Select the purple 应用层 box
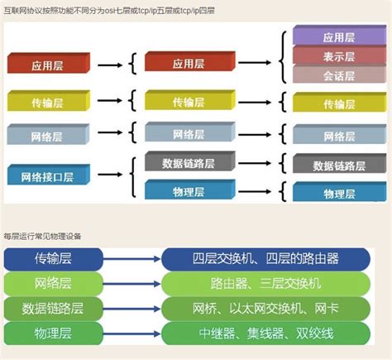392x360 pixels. tap(339, 37)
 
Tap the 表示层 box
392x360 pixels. tap(339, 57)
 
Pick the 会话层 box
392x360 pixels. tap(339, 75)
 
